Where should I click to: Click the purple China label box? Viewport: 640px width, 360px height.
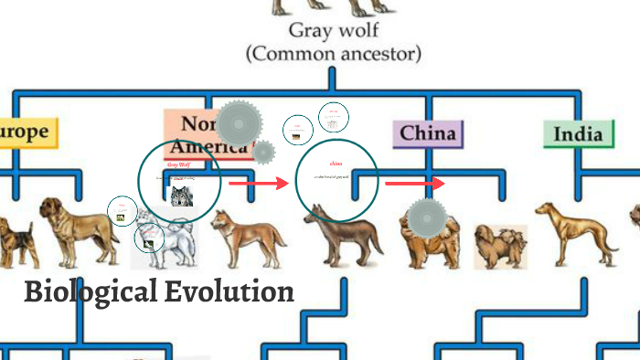pyautogui.click(x=428, y=133)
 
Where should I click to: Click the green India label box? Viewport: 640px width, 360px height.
pyautogui.click(x=579, y=134)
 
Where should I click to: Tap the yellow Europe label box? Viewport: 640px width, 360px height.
pyautogui.click(x=26, y=132)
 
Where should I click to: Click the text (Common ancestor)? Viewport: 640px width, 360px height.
pyautogui.click(x=334, y=54)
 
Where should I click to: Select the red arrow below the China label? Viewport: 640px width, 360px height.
pyautogui.click(x=414, y=184)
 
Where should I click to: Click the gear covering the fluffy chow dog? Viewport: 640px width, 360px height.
pyautogui.click(x=425, y=217)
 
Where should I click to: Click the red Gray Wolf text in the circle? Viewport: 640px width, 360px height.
pyautogui.click(x=178, y=164)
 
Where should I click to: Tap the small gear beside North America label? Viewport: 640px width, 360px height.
pyautogui.click(x=263, y=153)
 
